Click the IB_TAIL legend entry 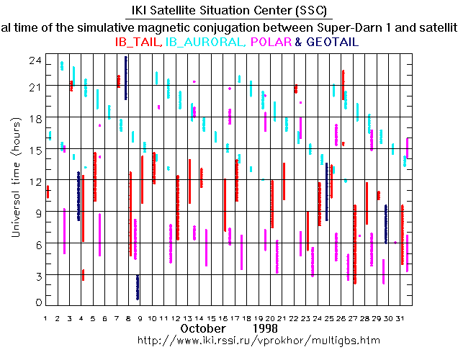pos(139,42)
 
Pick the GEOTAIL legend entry pos(332,42)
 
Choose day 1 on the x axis pos(45,318)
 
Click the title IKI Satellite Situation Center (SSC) pos(228,10)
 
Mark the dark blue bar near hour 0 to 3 pos(138,287)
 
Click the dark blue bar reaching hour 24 pos(126,78)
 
